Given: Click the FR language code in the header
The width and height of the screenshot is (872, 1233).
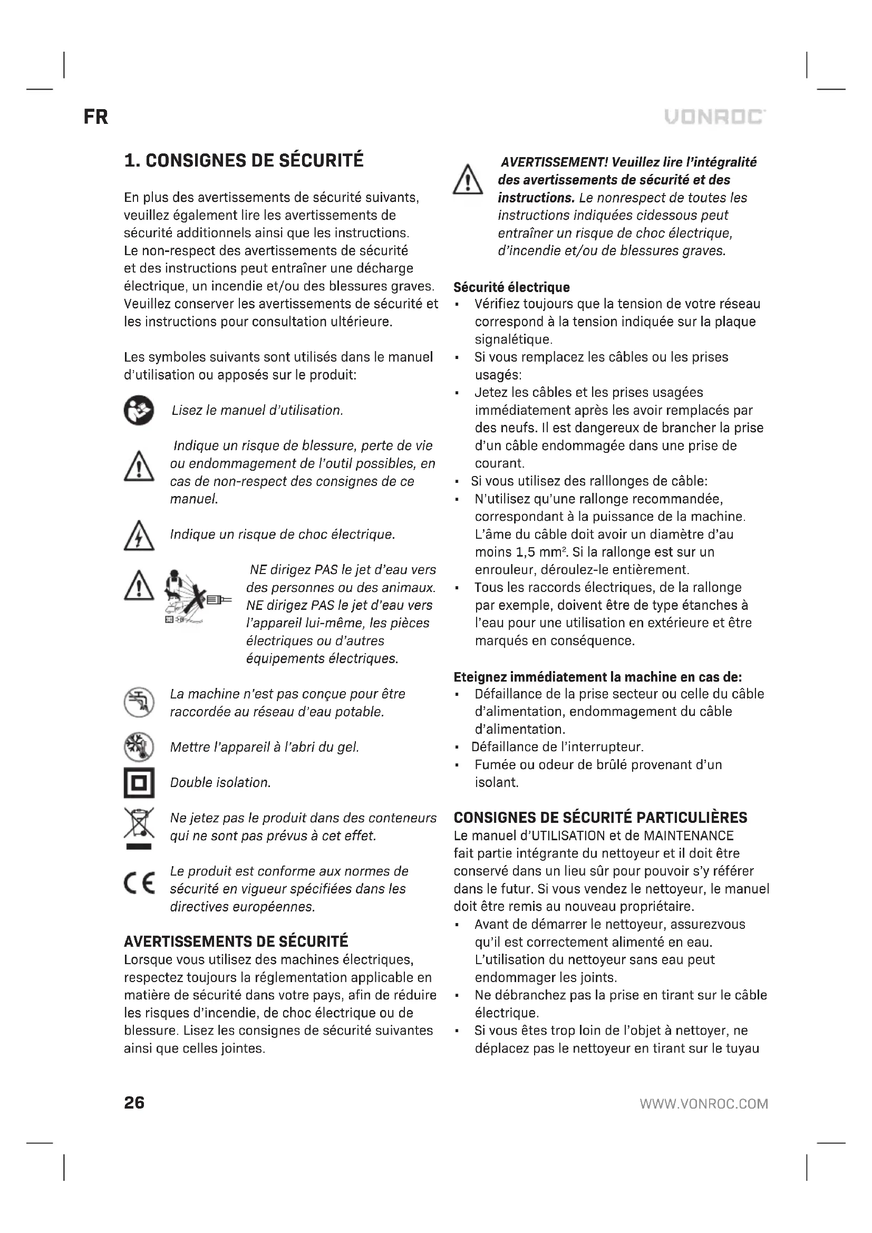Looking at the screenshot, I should pyautogui.click(x=95, y=116).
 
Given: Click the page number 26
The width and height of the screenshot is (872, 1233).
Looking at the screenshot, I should pyautogui.click(x=134, y=1102).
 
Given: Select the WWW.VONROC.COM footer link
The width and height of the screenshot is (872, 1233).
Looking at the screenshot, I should pyautogui.click(x=703, y=1104).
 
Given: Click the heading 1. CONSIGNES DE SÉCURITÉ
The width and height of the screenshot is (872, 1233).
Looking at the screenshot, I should pyautogui.click(x=244, y=161).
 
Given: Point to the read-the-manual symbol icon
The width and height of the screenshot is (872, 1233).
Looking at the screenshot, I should pyautogui.click(x=139, y=410).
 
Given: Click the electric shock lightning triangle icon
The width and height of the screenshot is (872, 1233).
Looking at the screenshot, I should pyautogui.click(x=139, y=536).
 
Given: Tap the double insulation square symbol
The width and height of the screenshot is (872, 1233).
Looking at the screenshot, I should pyautogui.click(x=139, y=782).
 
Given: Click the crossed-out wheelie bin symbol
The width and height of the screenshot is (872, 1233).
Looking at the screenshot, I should pyautogui.click(x=139, y=827).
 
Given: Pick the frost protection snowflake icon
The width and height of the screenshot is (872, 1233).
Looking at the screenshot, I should pyautogui.click(x=139, y=747).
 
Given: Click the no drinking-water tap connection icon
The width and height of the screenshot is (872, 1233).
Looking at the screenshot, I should pyautogui.click(x=139, y=702).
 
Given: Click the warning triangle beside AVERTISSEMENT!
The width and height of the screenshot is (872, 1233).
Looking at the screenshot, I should pyautogui.click(x=468, y=180).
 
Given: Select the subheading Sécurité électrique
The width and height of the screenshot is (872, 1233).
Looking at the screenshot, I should pyautogui.click(x=511, y=287).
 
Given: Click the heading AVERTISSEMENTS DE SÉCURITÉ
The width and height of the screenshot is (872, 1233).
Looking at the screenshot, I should pyautogui.click(x=236, y=941).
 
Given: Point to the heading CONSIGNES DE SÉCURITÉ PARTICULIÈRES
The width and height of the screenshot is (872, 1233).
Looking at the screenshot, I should pyautogui.click(x=600, y=818).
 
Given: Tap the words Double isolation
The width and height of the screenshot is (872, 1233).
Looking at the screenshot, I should pyautogui.click(x=220, y=782).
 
